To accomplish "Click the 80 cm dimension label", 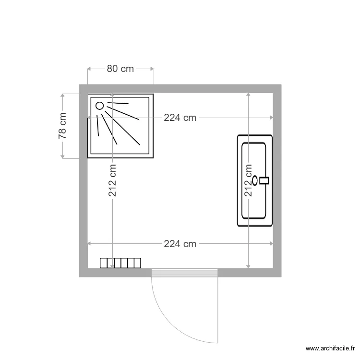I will pyautogui.click(x=120, y=69).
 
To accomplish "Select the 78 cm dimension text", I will pyautogui.click(x=62, y=126).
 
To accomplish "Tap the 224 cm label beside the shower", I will pyautogui.click(x=180, y=118).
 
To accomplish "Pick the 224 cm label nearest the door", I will pyautogui.click(x=180, y=244).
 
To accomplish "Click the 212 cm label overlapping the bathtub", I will pyautogui.click(x=249, y=180).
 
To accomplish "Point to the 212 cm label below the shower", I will pyautogui.click(x=112, y=180).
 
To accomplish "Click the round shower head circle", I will pyautogui.click(x=100, y=106).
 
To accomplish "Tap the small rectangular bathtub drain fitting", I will pyautogui.click(x=264, y=180).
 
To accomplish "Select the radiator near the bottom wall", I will pyautogui.click(x=120, y=263).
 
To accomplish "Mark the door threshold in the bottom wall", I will pyautogui.click(x=185, y=273).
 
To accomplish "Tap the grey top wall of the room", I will pyautogui.click(x=180, y=89).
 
